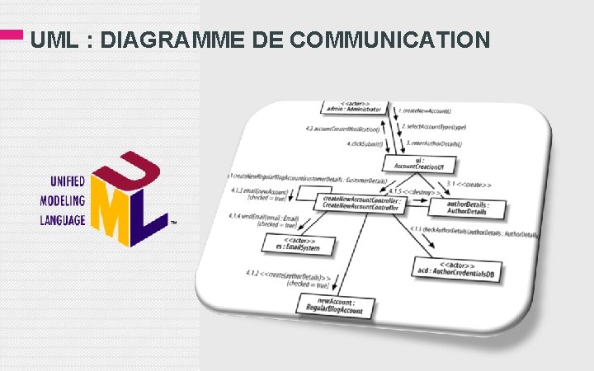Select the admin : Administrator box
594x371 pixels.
point(353,106)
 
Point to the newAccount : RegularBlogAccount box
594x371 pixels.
point(337,308)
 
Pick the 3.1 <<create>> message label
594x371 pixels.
point(471,183)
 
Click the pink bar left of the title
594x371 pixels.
point(11,35)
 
